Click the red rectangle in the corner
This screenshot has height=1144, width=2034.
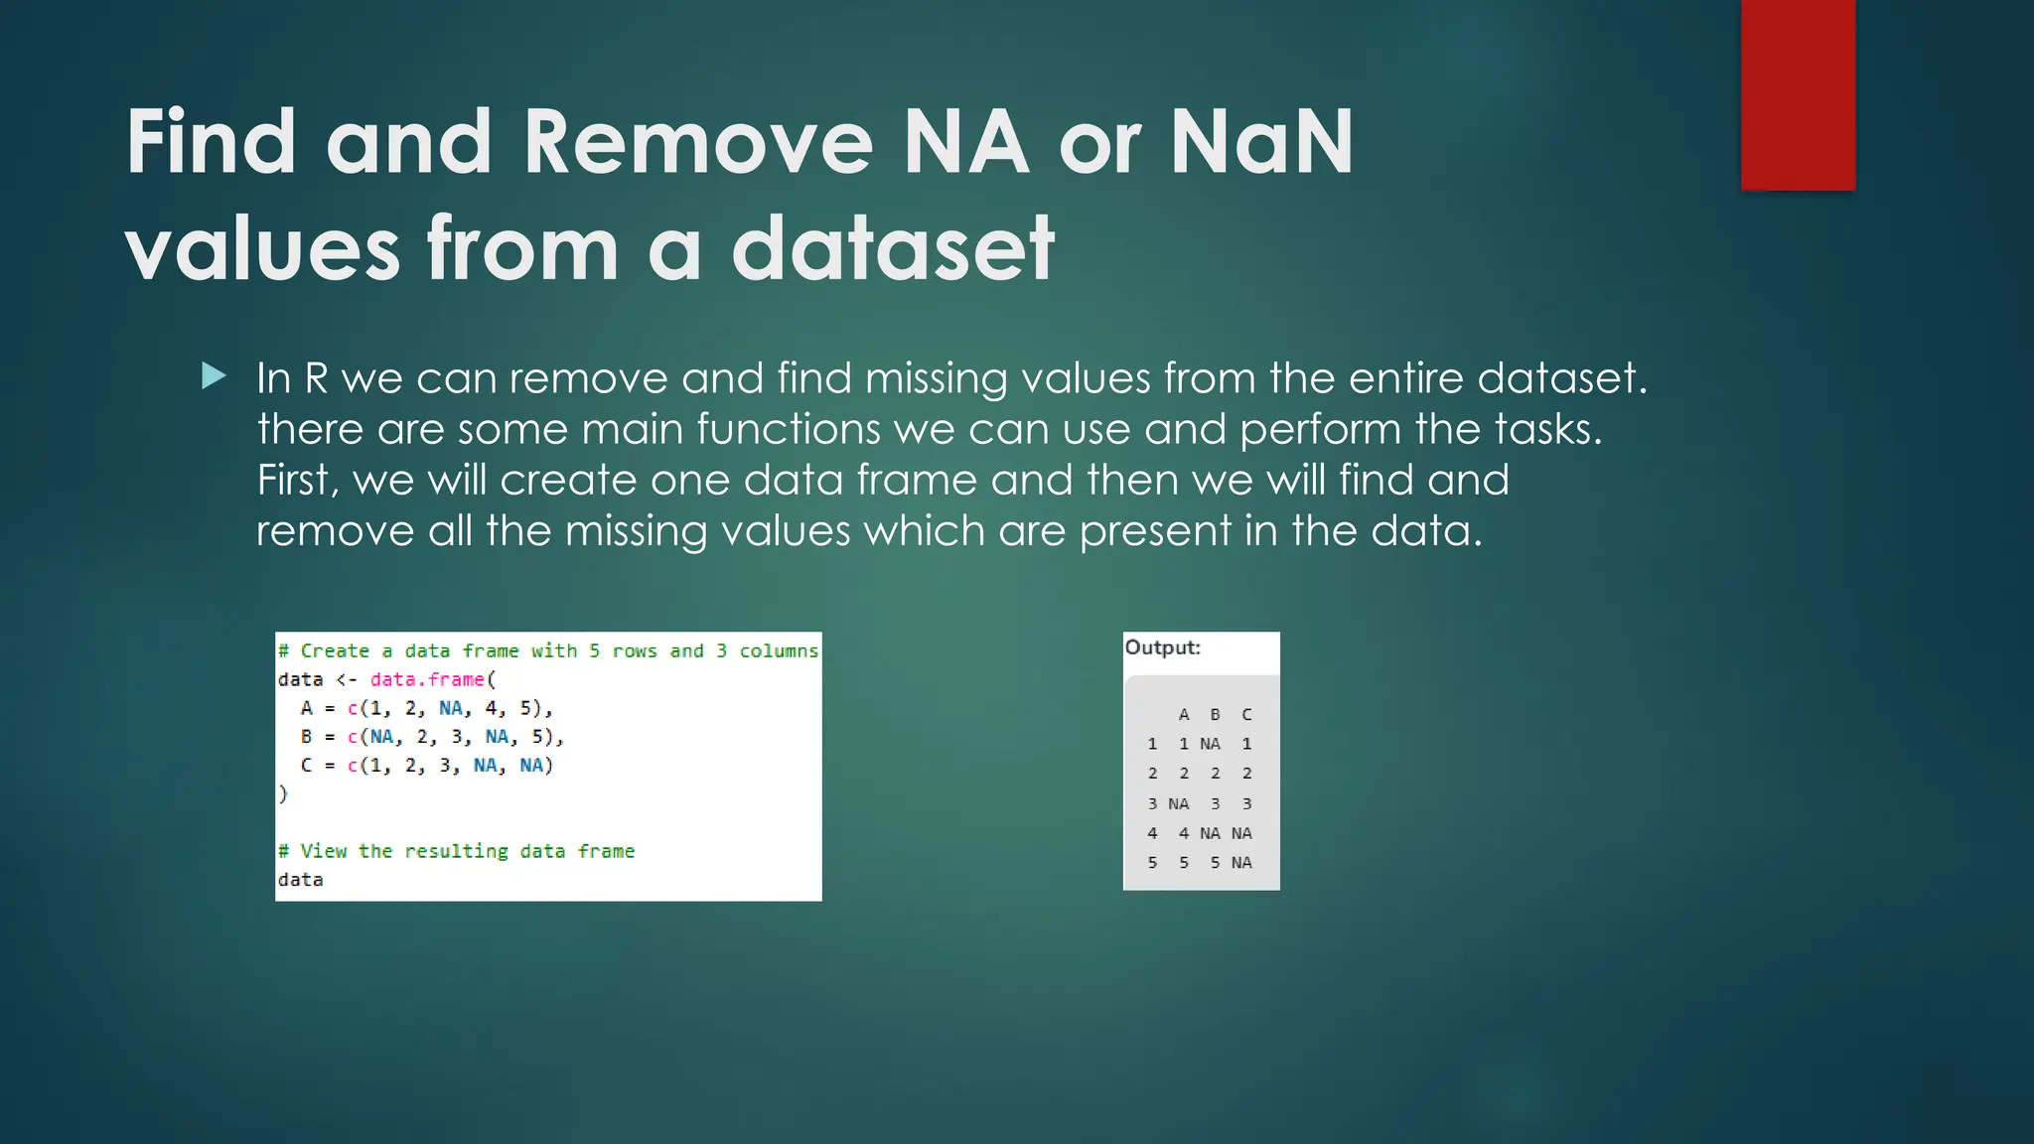[1798, 94]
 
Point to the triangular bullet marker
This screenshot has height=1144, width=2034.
[214, 375]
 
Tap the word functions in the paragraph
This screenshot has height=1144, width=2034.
[788, 429]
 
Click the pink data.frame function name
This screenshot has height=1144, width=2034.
[427, 679]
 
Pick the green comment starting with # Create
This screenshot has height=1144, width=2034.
[548, 650]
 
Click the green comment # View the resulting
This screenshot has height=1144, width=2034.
[456, 851]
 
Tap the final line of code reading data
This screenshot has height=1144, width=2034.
[300, 880]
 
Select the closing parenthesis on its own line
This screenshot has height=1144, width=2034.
[283, 793]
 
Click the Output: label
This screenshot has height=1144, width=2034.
[1162, 647]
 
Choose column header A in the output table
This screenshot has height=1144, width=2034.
[1184, 714]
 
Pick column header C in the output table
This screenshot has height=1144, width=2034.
[1246, 714]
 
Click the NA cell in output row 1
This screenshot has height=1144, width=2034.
[1210, 744]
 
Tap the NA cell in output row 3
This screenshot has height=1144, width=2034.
[1178, 803]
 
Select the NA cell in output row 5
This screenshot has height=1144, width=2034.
[1241, 863]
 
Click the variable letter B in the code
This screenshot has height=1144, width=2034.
[306, 737]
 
